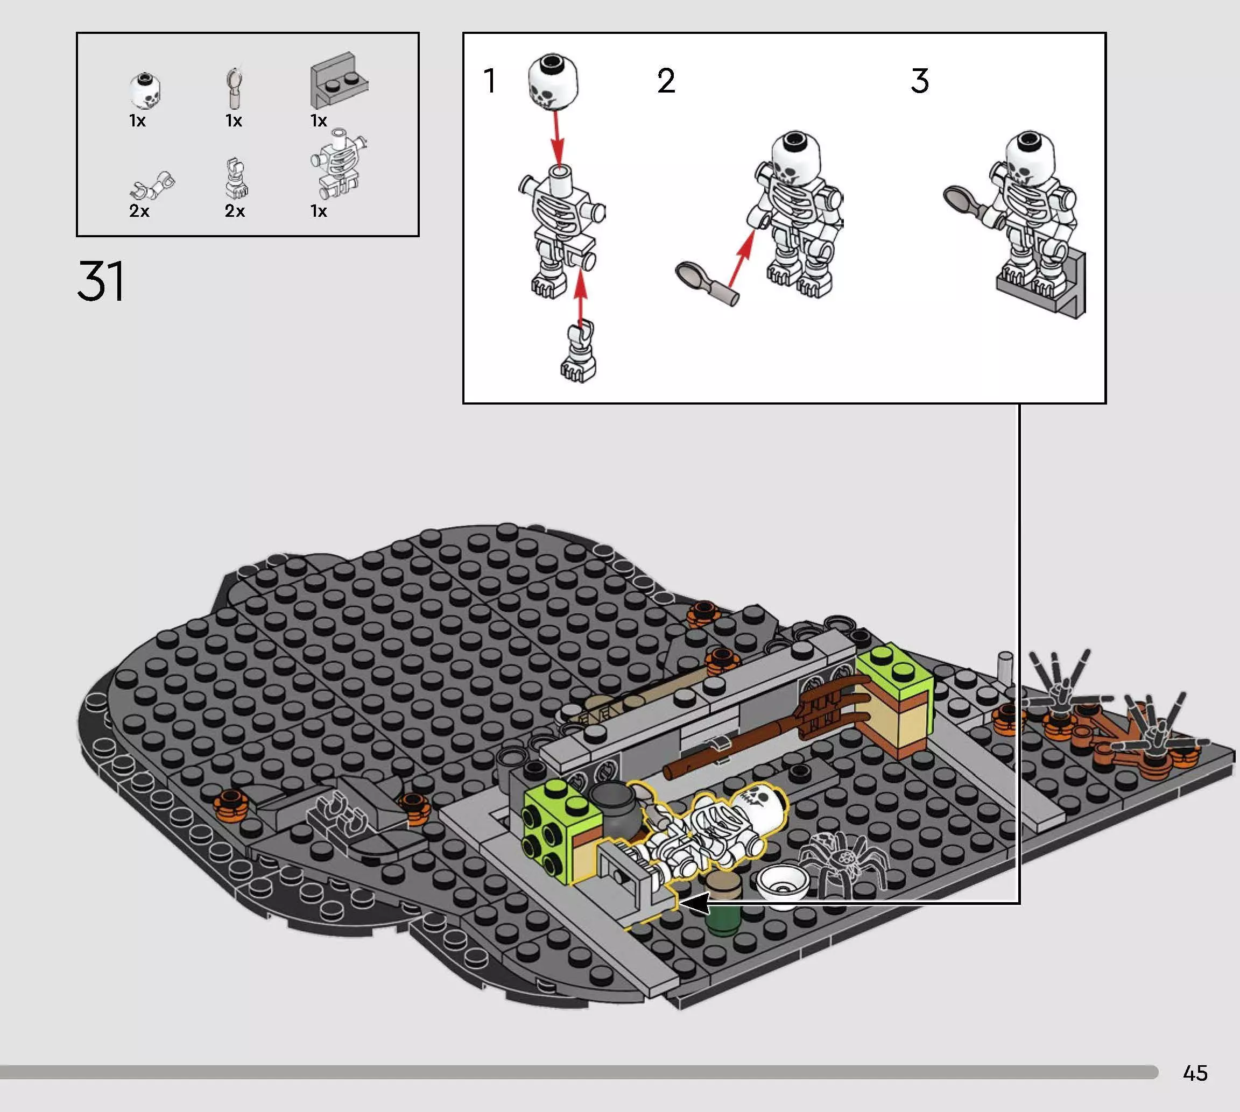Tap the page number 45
click(x=1195, y=1073)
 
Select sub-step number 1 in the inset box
click(x=490, y=81)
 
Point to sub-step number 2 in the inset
click(x=666, y=81)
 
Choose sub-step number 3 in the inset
click(x=919, y=81)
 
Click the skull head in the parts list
click(x=146, y=90)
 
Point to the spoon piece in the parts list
click(x=235, y=89)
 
